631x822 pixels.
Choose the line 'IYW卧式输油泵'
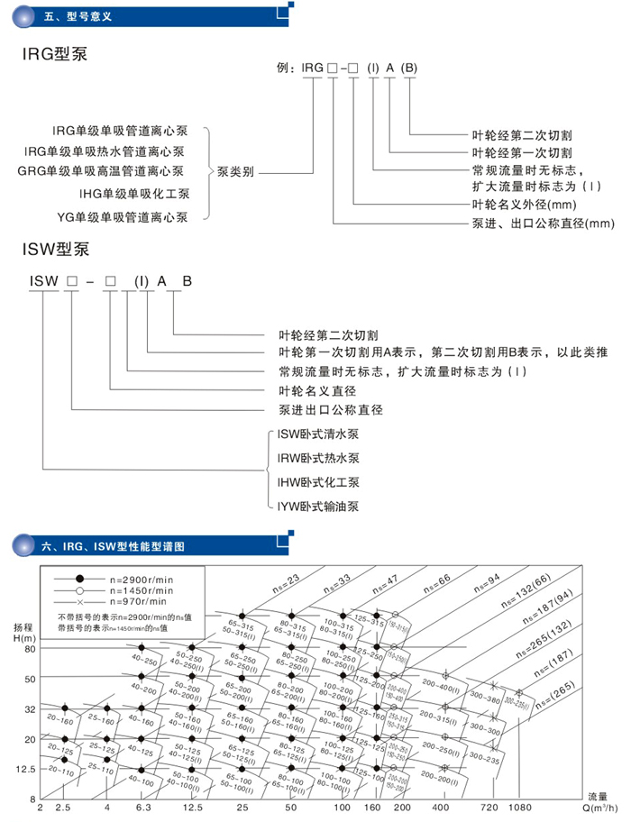pos(319,507)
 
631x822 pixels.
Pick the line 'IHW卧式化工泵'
pos(319,482)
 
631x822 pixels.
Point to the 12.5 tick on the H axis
pos(24,769)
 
